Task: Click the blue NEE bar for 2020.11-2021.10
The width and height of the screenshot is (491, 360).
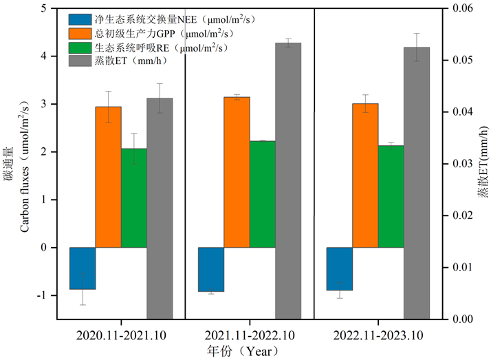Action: [x=83, y=268]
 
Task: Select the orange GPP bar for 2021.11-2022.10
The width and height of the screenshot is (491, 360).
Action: [x=237, y=172]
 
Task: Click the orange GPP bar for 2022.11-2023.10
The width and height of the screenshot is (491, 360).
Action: [x=365, y=175]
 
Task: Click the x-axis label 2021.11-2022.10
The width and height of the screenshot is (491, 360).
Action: [x=250, y=335]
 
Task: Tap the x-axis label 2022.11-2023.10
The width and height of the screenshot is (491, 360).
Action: [x=378, y=335]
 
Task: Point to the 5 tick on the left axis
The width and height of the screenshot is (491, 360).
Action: [x=43, y=8]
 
